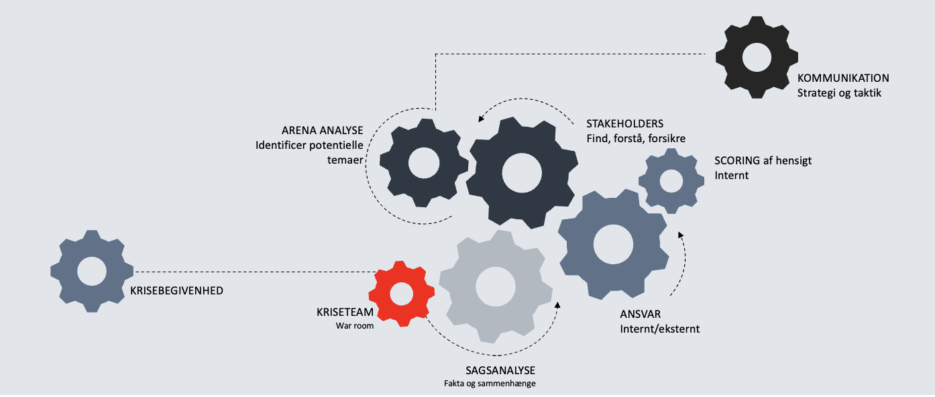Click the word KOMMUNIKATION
(843, 78)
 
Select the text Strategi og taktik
(839, 93)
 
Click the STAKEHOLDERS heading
(624, 124)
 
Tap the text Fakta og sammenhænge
(490, 384)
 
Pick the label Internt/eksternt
(660, 329)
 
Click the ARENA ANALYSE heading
(323, 130)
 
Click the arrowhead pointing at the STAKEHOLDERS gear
(481, 120)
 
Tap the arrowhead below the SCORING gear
(680, 234)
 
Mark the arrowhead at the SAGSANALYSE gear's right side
(558, 306)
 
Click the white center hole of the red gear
(401, 294)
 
